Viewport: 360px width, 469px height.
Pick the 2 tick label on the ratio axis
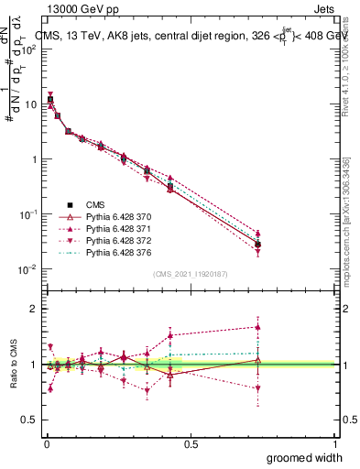coord(31,309)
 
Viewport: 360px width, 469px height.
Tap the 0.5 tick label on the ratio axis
coord(27,420)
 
